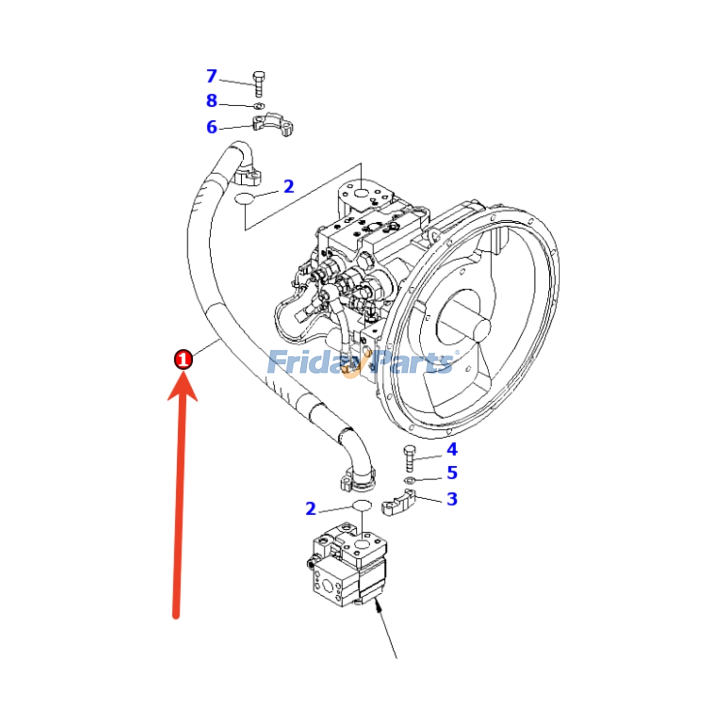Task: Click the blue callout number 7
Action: point(212,76)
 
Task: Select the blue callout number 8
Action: point(212,100)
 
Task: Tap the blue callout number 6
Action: point(212,127)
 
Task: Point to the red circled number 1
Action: point(184,359)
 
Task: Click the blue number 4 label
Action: point(452,449)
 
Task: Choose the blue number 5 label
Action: point(452,472)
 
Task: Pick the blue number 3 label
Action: point(452,498)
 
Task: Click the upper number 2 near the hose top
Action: point(289,186)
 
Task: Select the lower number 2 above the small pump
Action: point(310,508)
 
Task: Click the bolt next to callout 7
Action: point(259,84)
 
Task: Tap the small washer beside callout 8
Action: point(259,106)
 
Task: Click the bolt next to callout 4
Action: point(409,458)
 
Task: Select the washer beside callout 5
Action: point(409,480)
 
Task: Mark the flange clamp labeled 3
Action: point(399,503)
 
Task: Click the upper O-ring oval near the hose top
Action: point(245,199)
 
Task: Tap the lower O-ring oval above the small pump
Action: point(362,505)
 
